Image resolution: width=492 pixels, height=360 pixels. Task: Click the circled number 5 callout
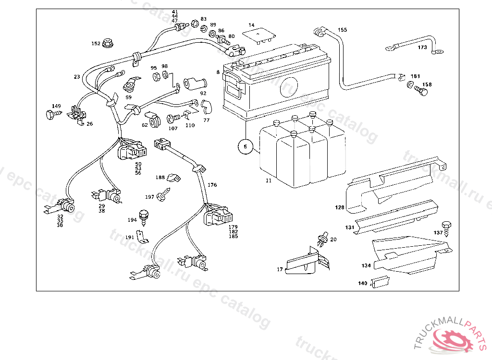click(x=245, y=146)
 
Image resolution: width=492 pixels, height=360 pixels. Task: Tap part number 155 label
click(x=342, y=30)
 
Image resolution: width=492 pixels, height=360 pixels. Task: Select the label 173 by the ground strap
click(x=422, y=48)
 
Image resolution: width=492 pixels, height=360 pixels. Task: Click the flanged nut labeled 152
click(x=108, y=43)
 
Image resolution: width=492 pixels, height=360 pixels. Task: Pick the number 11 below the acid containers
click(x=269, y=180)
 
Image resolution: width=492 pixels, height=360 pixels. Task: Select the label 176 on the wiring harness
click(x=212, y=185)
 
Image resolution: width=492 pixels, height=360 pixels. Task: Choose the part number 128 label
click(x=340, y=207)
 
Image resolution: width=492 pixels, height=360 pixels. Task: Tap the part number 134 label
click(x=366, y=265)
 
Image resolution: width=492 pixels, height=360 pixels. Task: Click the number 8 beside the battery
click(x=218, y=72)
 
